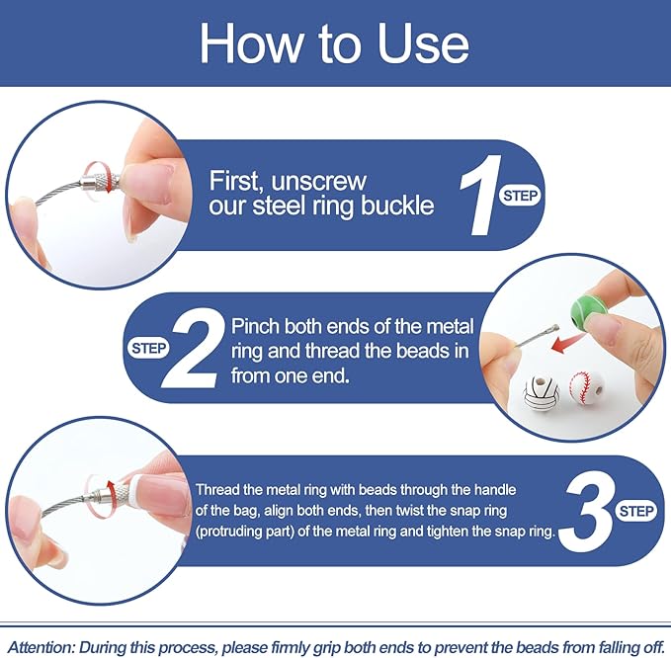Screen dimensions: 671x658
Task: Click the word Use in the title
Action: (x=424, y=44)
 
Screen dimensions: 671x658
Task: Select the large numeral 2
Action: (x=195, y=349)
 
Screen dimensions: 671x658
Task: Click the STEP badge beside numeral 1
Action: (x=521, y=196)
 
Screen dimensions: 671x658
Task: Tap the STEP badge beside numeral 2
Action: (x=148, y=348)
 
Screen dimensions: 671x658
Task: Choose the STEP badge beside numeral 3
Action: (x=636, y=511)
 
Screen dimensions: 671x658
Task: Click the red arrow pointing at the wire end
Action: (x=564, y=342)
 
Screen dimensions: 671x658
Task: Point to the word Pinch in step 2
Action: (x=256, y=326)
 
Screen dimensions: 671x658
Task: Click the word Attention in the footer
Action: (x=42, y=646)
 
